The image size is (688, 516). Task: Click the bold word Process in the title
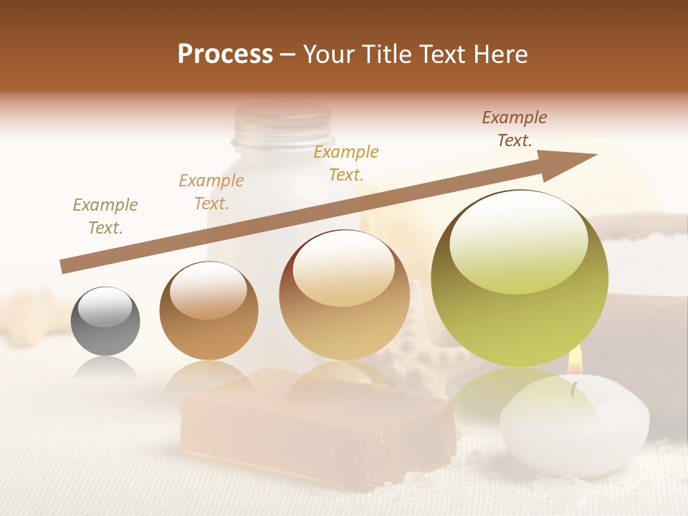(225, 54)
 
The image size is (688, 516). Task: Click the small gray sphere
(105, 322)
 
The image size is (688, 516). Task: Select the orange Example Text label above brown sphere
(211, 192)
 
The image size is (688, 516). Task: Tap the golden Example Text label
(346, 163)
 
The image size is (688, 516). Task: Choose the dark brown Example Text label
(515, 129)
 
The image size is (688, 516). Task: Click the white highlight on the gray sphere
(105, 308)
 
